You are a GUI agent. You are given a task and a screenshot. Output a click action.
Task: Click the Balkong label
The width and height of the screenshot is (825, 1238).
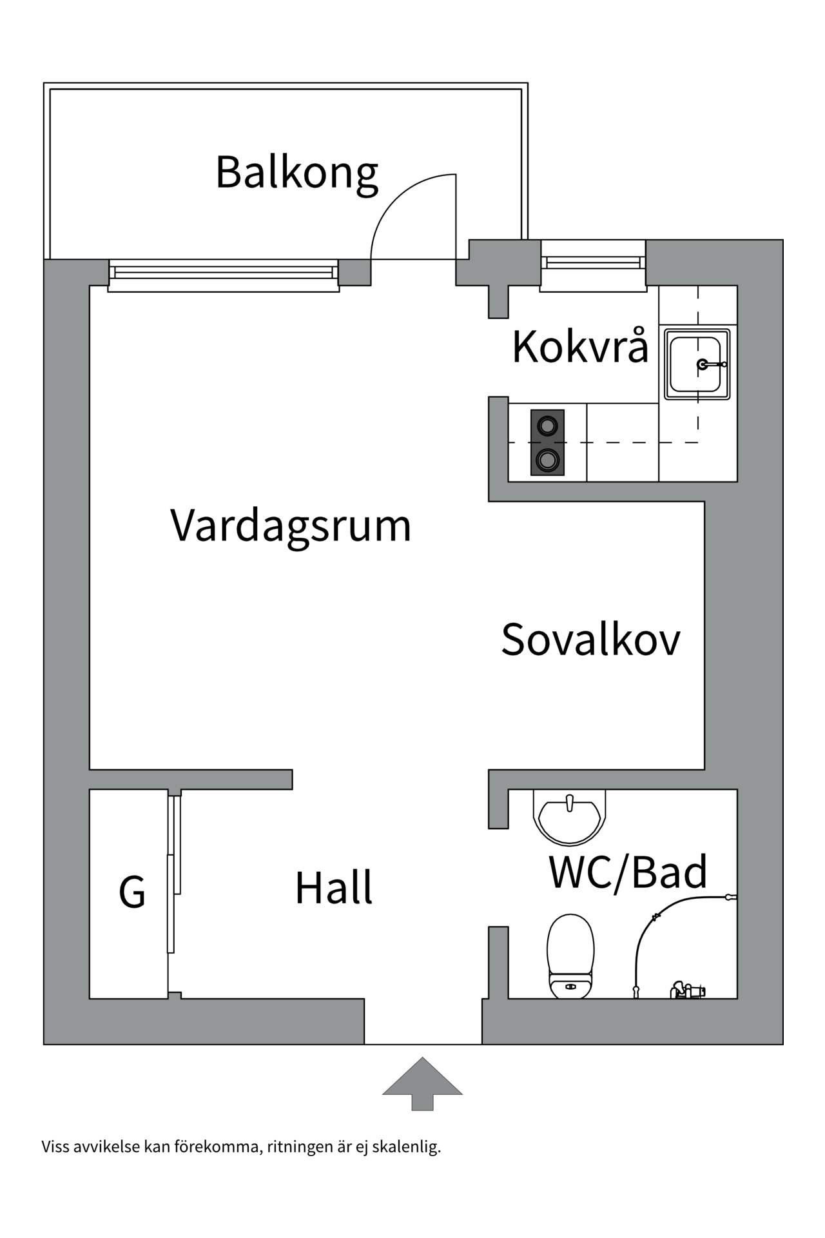pos(296,173)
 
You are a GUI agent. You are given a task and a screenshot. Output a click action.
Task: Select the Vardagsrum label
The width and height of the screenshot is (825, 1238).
pos(291,526)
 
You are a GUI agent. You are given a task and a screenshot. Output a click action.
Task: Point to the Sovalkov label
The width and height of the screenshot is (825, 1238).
pos(590,640)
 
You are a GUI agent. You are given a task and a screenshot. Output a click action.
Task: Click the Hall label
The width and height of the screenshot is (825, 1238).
pos(333,888)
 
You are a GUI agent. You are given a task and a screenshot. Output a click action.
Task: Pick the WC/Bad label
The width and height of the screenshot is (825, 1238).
pos(628,872)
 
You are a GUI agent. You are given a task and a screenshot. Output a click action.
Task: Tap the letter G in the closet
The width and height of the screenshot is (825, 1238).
pos(132,892)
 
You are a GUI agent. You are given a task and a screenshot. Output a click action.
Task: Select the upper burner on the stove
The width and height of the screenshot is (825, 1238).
pos(547,426)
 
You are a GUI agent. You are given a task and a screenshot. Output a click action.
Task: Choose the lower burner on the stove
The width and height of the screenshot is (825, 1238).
pos(547,460)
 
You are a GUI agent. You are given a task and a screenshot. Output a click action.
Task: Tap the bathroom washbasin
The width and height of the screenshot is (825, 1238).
pos(570,819)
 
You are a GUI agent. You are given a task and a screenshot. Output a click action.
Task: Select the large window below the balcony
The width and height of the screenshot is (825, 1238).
pos(224,275)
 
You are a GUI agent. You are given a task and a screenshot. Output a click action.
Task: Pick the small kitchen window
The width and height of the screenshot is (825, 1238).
pos(593,264)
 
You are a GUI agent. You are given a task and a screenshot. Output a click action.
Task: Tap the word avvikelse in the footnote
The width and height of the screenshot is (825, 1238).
pos(107,1147)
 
